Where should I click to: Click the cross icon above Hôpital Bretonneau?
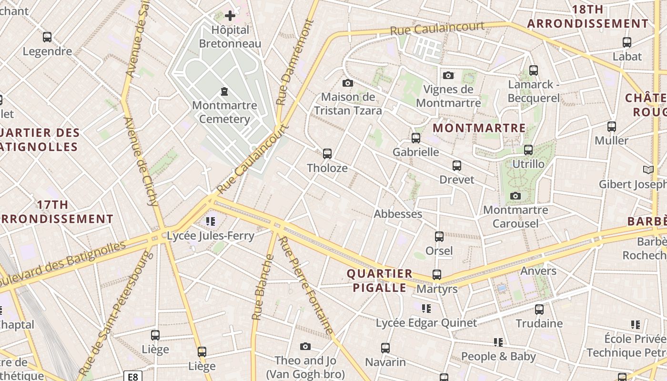tap(230, 16)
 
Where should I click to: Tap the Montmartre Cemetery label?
tap(224, 112)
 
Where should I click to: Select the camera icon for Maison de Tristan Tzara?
tap(348, 83)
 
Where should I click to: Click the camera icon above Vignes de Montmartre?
tap(448, 75)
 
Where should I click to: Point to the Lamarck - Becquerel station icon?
tap(534, 70)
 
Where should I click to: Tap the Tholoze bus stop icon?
tap(327, 154)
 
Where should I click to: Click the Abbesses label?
tap(398, 214)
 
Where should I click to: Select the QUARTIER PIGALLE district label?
tap(380, 281)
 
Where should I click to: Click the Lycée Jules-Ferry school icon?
tap(211, 221)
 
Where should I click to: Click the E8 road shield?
tap(133, 377)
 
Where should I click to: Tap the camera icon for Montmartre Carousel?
tap(515, 196)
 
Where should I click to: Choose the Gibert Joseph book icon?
tap(648, 170)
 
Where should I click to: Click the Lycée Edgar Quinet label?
tap(426, 323)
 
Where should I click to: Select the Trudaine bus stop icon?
tap(539, 309)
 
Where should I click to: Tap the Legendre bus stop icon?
tap(47, 37)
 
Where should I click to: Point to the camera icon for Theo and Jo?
tap(305, 346)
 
